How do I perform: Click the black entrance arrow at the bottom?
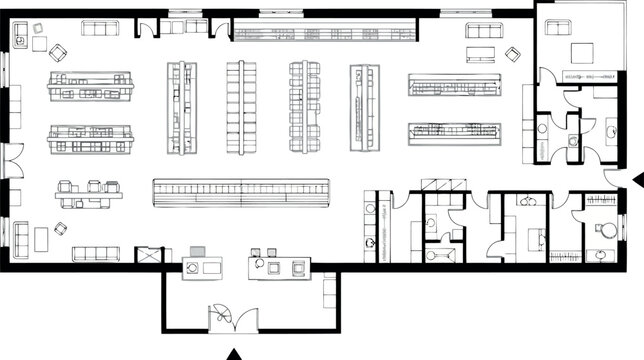236,352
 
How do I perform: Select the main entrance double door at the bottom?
232,317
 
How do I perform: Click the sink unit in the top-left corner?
20,37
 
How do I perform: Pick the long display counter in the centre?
241,191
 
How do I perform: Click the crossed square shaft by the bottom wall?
149,255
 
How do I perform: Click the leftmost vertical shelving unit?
181,107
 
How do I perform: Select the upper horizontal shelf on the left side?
90,86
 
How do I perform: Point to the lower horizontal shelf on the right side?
454,131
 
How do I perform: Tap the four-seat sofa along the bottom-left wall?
94,252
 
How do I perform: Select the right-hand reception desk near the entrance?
279,267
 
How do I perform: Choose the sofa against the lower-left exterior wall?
20,238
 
